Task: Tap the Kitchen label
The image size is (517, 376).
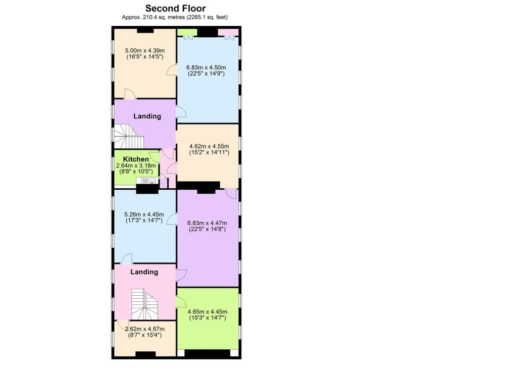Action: click(x=136, y=159)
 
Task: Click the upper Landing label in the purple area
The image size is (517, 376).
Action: click(x=147, y=116)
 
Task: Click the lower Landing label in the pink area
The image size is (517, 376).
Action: click(x=144, y=272)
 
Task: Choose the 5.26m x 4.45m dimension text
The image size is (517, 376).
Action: click(x=144, y=217)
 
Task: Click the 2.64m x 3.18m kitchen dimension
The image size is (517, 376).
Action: click(x=135, y=169)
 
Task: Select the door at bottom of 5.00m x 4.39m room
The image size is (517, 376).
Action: click(x=129, y=94)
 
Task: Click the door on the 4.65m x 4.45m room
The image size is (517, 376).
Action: click(x=181, y=302)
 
